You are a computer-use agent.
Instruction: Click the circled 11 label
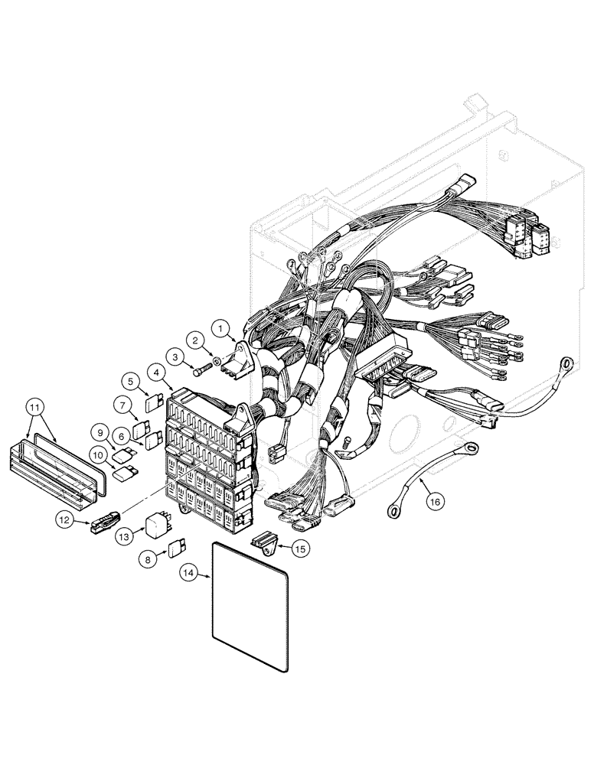(x=35, y=406)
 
